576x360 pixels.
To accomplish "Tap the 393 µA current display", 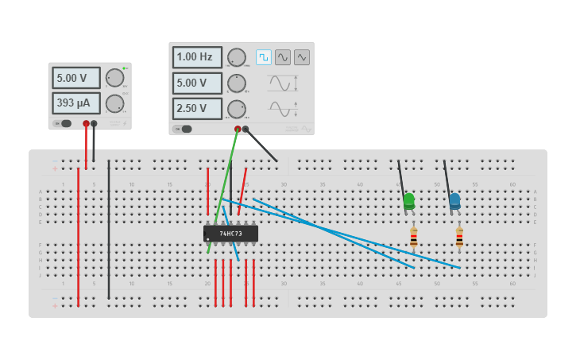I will pos(76,103).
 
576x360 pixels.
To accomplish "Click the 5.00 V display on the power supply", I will pos(76,78).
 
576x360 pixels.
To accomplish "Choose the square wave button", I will pos(264,57).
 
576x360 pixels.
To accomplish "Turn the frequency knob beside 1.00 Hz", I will pos(237,57).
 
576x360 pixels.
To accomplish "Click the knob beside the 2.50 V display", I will pos(237,109).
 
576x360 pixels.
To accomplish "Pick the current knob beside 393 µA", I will pos(115,103).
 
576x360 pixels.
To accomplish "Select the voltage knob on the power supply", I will pos(115,78).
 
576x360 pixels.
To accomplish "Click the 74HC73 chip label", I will pos(230,234).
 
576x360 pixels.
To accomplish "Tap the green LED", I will pos(409,201).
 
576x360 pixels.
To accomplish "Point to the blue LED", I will pos(454,201).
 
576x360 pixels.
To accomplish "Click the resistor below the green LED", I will pos(414,237).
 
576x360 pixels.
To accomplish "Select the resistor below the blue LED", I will pos(459,237).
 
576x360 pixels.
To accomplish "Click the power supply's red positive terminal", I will pos(86,123).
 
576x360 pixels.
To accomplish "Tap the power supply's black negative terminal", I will pos(94,123).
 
